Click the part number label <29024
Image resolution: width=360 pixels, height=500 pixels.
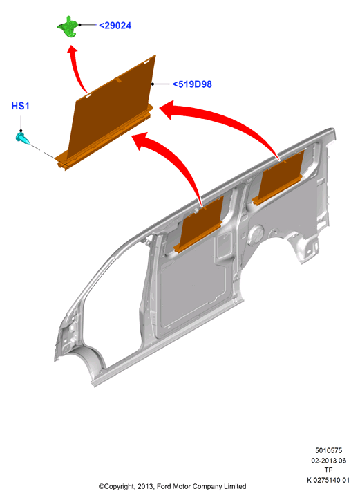(115, 26)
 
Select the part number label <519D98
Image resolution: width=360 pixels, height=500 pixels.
(192, 84)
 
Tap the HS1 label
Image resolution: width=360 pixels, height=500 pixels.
(21, 106)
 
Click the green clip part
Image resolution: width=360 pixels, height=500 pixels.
(68, 27)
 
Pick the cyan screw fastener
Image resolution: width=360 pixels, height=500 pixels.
(22, 138)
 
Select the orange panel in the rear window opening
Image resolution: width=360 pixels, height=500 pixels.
(278, 178)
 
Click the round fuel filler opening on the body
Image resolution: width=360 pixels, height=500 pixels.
(256, 235)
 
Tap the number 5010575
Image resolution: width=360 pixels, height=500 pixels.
(328, 450)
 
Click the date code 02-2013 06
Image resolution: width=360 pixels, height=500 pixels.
(328, 461)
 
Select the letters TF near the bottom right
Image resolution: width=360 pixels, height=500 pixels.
(328, 470)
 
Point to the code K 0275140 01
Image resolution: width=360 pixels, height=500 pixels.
(328, 480)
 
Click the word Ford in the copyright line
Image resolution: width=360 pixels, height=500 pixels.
(164, 487)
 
